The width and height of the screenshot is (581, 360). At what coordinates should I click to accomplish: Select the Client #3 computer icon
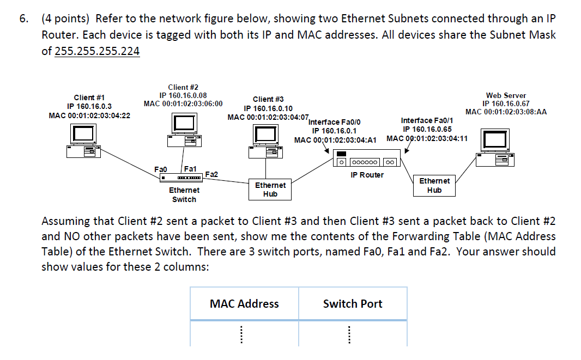[267, 141]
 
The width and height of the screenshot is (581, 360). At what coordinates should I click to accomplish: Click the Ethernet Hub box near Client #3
[270, 190]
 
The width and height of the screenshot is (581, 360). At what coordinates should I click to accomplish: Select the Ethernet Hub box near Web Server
[434, 185]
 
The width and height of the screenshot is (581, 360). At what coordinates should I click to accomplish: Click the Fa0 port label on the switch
[161, 169]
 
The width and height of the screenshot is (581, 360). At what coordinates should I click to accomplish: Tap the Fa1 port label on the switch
[191, 169]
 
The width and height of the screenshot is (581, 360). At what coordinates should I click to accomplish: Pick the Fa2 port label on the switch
[211, 174]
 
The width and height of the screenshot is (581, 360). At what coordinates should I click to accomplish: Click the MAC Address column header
[244, 304]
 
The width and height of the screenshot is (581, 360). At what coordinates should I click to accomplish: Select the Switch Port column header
[353, 304]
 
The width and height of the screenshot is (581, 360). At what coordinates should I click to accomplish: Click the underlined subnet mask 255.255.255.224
[98, 51]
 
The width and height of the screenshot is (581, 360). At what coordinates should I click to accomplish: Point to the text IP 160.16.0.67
[506, 103]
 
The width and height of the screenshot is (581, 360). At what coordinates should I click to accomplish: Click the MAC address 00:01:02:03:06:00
[183, 103]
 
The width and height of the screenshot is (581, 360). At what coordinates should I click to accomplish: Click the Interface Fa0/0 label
[334, 122]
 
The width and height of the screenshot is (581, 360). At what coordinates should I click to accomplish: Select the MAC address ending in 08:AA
[506, 112]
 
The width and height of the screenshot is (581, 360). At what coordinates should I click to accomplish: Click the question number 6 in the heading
[23, 19]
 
